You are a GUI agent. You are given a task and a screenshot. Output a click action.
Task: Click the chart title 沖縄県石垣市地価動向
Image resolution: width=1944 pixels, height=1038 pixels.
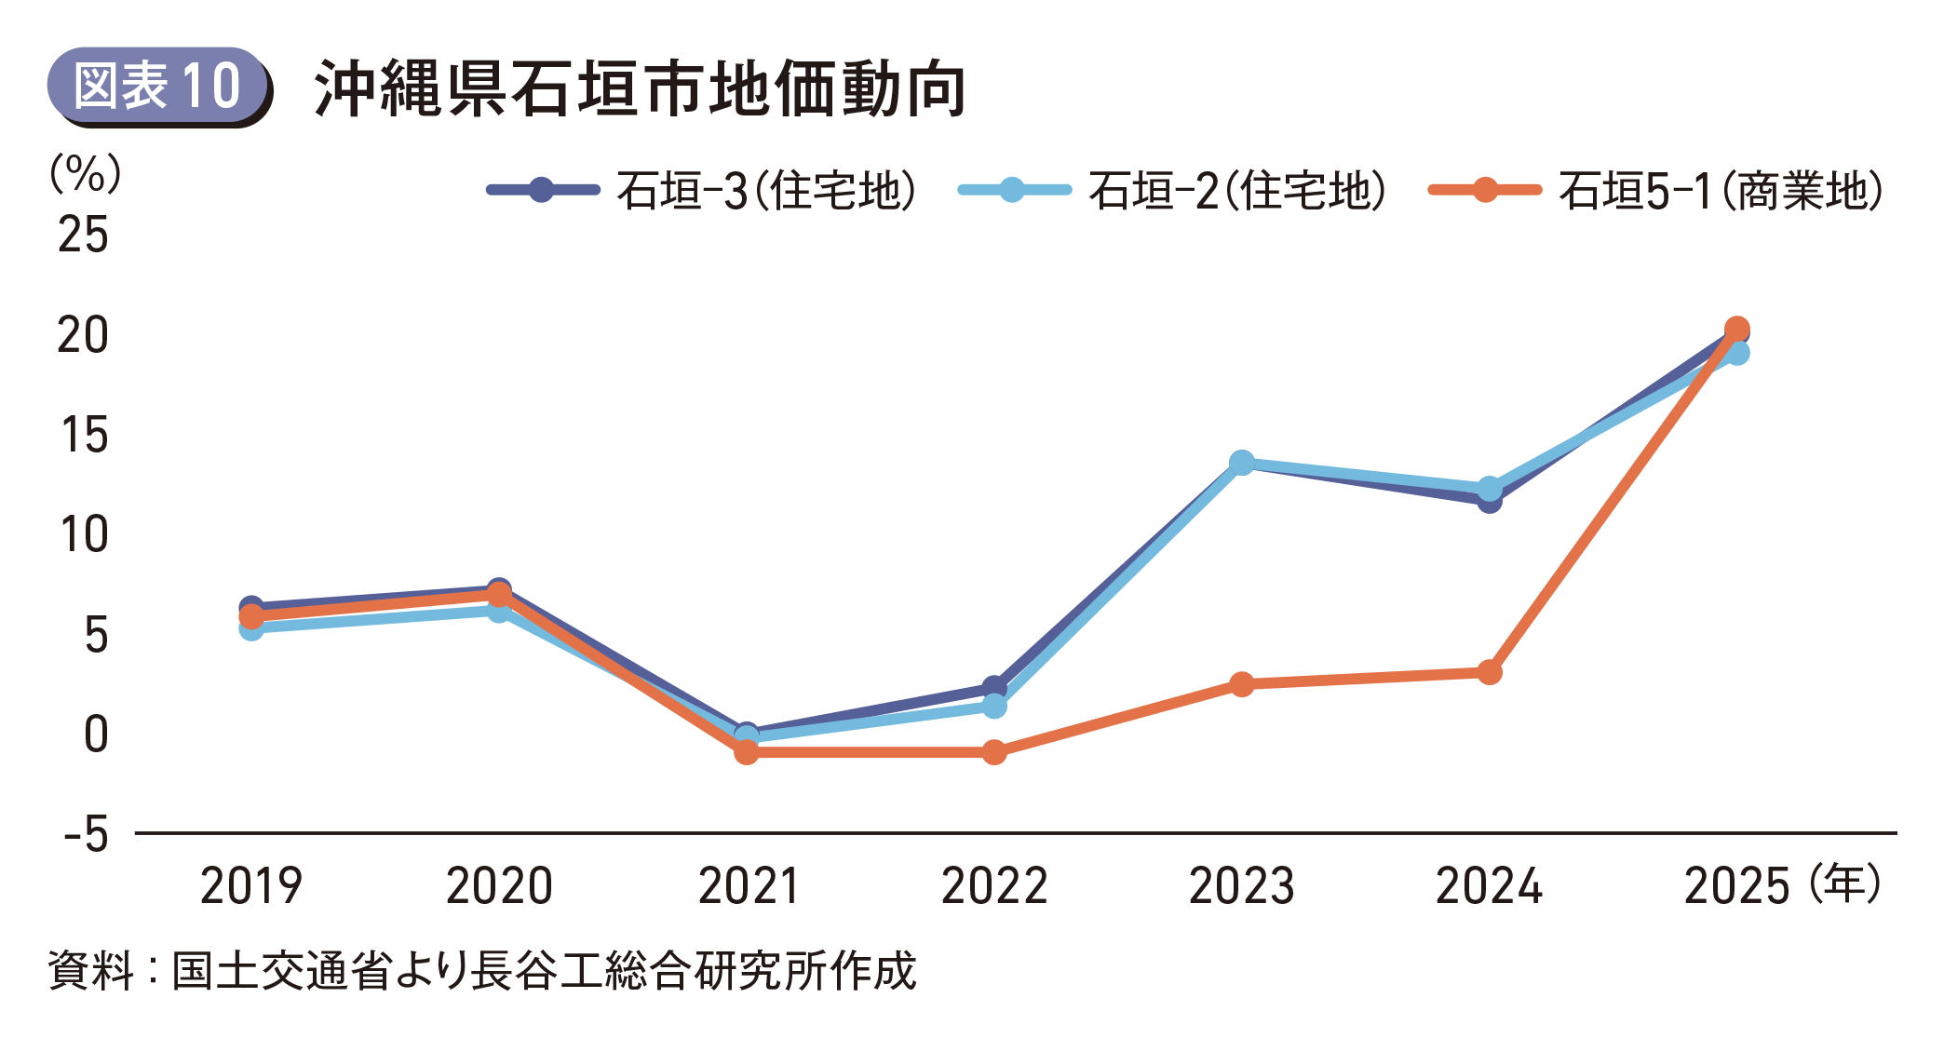tap(641, 89)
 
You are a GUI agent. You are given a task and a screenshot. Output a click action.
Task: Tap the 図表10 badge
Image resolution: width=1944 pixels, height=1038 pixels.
tap(158, 87)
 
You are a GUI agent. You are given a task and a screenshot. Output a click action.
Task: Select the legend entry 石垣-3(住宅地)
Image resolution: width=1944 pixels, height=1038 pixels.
tap(703, 191)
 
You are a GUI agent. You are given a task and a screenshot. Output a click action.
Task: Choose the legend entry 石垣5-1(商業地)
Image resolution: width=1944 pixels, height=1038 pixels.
tap(1657, 191)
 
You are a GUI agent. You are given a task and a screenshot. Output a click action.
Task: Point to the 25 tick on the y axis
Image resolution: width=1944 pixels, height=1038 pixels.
tap(83, 235)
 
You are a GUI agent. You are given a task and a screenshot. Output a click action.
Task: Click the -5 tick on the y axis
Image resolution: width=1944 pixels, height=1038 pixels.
tap(86, 834)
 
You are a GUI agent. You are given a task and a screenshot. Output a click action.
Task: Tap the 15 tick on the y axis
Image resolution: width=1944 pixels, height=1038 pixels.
tap(83, 435)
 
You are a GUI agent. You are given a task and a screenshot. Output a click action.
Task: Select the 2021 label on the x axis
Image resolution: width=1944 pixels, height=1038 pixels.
tap(748, 885)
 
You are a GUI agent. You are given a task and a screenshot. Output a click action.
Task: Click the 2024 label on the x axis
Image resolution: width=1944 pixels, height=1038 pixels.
tap(1489, 885)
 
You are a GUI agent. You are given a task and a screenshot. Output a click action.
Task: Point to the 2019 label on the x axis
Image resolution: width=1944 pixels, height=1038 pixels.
tap(251, 885)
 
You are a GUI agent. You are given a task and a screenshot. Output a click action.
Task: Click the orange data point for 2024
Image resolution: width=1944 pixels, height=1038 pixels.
tap(1490, 672)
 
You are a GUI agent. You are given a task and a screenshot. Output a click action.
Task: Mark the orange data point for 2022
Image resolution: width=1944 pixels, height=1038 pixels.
tap(994, 751)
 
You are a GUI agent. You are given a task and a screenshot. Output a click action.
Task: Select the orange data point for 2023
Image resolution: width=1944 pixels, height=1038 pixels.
tap(1242, 684)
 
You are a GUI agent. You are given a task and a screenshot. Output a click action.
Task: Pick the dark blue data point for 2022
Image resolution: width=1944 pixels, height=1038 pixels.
tap(994, 688)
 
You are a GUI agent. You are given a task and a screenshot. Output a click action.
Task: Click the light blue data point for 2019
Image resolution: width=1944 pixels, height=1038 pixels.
tap(251, 628)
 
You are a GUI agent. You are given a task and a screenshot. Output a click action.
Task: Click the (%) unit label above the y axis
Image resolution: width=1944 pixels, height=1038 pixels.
tap(85, 173)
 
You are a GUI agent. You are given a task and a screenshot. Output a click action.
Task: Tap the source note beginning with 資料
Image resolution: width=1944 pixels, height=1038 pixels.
tap(482, 970)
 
